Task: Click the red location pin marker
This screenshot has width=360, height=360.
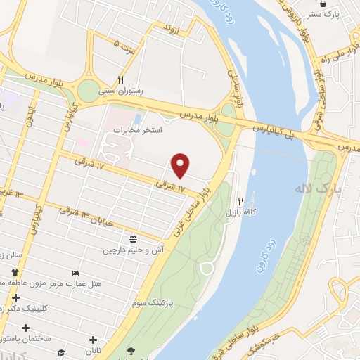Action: coord(181,165)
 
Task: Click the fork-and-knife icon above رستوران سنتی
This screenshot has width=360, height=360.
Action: coord(121,79)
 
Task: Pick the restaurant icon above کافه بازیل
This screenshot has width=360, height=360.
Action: coord(240,200)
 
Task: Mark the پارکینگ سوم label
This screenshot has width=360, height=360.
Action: coord(152,302)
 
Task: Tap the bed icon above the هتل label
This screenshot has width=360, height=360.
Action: coord(76,273)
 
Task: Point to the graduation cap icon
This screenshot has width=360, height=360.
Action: coord(61,353)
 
